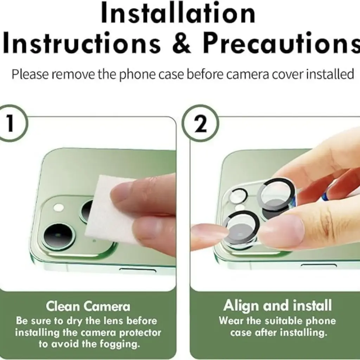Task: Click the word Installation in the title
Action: click(x=178, y=13)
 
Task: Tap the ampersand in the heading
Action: click(x=181, y=43)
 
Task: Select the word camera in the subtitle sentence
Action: click(x=247, y=74)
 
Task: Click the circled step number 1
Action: click(x=10, y=123)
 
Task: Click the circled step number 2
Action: click(x=200, y=123)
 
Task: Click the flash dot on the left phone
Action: click(x=59, y=208)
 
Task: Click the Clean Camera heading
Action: click(x=88, y=306)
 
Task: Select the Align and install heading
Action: click(x=278, y=306)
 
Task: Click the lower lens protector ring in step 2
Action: click(x=242, y=227)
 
